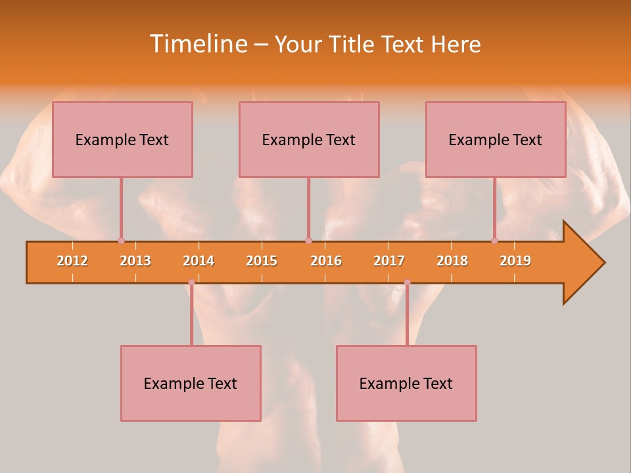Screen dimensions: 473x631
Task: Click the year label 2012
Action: [x=72, y=261]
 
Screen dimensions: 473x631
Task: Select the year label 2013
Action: [x=135, y=261]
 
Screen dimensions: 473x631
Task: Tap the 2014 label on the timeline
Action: [x=199, y=261]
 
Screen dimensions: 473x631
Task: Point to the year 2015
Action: [x=262, y=261]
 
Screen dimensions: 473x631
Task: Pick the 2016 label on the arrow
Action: [x=326, y=261]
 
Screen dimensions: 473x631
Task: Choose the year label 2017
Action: [x=389, y=261]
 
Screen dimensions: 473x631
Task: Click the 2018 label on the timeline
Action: [x=452, y=261]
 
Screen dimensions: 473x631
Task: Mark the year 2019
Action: [x=515, y=261]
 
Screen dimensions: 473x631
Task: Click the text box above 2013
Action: [x=122, y=139]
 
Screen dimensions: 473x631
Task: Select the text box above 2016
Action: [x=309, y=139]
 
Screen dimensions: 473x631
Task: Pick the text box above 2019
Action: [x=496, y=139]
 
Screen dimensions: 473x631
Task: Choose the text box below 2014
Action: [x=191, y=383]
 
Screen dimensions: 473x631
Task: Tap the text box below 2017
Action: [x=406, y=383]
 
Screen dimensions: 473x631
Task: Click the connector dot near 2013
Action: [x=121, y=240]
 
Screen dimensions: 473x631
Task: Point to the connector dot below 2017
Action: [x=407, y=282]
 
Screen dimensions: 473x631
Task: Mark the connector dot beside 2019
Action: [x=494, y=240]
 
